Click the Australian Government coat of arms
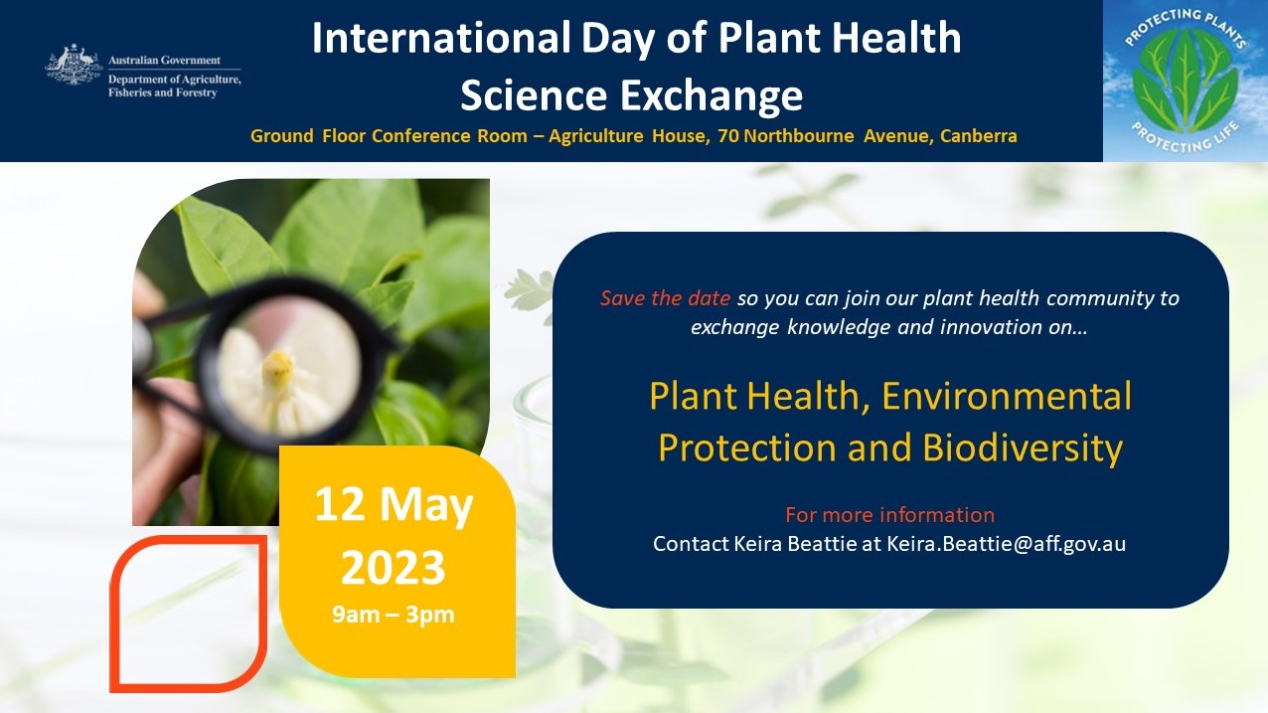click(74, 66)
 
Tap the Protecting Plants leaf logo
click(1185, 81)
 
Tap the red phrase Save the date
click(665, 298)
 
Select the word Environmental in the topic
click(1007, 396)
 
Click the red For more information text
click(889, 515)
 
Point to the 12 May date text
click(395, 506)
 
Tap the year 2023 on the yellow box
click(394, 568)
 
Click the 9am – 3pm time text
click(394, 615)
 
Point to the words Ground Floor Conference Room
click(389, 136)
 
